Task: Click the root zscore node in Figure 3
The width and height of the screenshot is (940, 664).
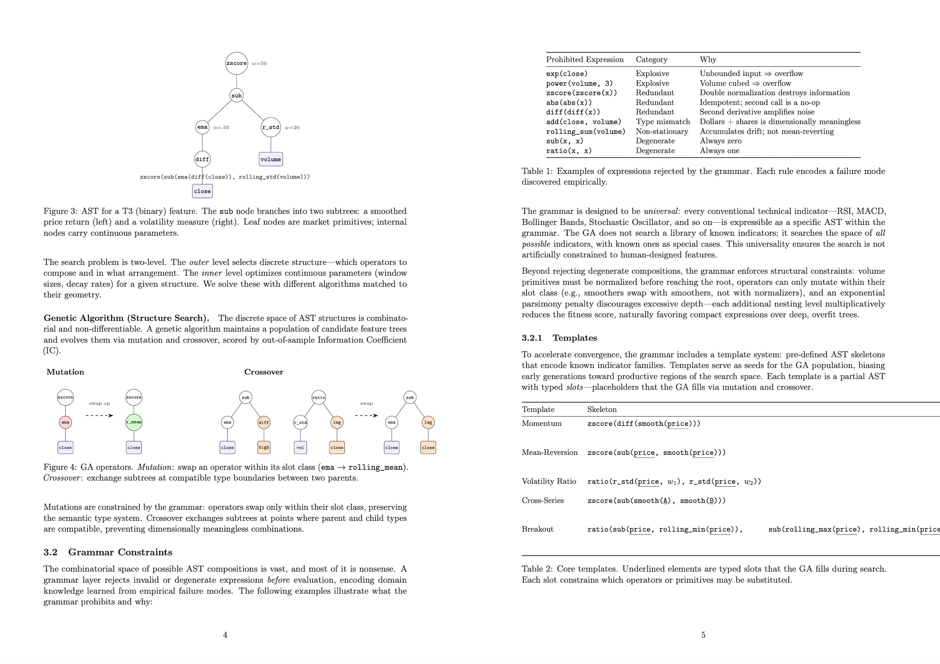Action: coord(236,63)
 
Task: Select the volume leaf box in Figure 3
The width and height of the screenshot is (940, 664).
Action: coord(271,159)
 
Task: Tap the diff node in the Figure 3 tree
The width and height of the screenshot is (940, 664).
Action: coord(202,159)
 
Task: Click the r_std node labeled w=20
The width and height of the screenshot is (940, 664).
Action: coord(271,127)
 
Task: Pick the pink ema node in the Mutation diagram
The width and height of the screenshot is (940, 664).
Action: coord(66,422)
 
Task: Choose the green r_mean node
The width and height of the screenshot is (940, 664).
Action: coord(134,422)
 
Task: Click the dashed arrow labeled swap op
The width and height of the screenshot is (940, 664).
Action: coord(99,415)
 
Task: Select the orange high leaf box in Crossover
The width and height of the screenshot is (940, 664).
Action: coord(264,448)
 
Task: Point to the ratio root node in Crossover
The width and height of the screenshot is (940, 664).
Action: coord(319,397)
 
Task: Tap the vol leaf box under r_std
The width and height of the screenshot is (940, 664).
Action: coord(300,448)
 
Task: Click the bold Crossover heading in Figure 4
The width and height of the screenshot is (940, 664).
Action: coord(264,372)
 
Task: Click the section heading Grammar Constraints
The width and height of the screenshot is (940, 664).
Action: coord(120,552)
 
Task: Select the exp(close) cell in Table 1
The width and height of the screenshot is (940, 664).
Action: coord(567,74)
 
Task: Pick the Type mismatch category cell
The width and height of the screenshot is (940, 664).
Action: coord(662,122)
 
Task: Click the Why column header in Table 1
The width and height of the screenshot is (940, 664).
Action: coord(708,60)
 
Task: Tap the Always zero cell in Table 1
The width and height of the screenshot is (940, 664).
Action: coord(721,141)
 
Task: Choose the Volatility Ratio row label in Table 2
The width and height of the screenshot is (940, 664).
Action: coord(549,482)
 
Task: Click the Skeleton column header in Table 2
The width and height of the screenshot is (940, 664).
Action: coord(601,410)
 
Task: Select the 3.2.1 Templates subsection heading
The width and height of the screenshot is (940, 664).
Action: coord(559,338)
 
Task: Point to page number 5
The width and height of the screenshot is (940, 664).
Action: coord(703,635)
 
